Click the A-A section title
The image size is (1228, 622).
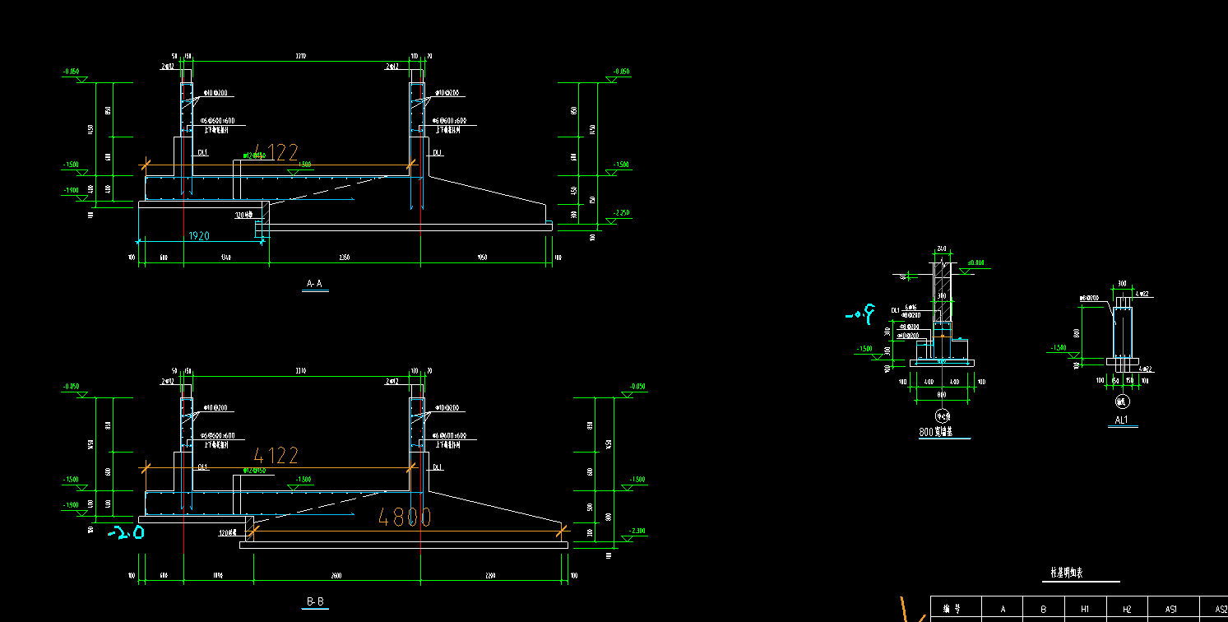point(314,284)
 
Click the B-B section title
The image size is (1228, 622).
point(315,602)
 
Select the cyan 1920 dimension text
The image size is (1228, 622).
point(198,236)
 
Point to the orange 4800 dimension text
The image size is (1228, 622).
point(404,517)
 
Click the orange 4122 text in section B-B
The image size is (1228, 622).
point(275,455)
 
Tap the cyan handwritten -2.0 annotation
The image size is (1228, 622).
point(127,533)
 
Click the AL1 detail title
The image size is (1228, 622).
point(1121,420)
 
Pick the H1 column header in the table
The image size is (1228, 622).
point(1084,609)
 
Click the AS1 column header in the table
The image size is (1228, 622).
point(1171,609)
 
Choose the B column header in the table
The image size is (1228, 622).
point(1043,609)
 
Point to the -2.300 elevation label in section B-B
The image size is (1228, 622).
point(637,531)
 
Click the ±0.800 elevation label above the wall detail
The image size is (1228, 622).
point(975,263)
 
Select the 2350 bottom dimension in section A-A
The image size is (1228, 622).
point(344,258)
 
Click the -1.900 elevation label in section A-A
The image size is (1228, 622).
point(72,190)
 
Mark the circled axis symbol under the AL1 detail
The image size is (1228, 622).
point(1121,402)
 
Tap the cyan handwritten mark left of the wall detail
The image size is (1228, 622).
point(859,313)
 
